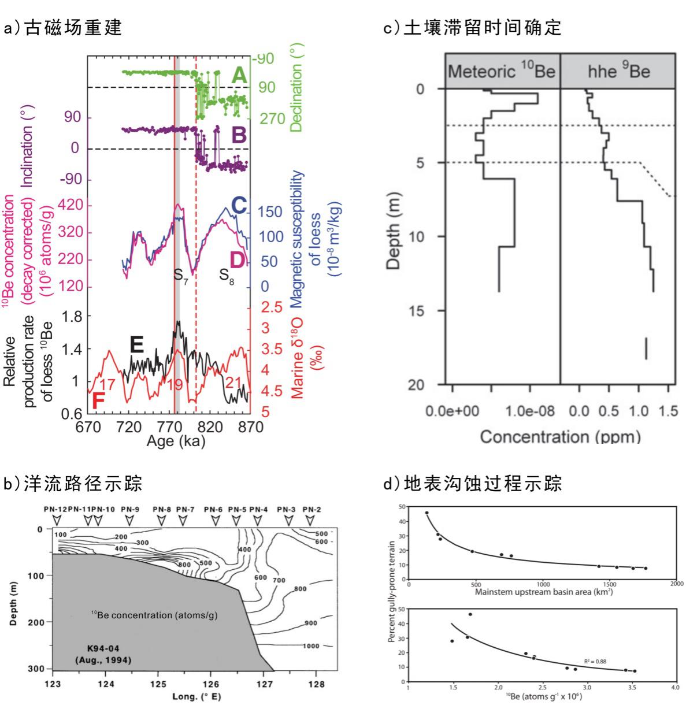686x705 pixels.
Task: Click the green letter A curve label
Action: (239, 75)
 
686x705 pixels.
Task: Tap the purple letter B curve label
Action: (239, 135)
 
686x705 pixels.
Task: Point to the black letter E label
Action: (136, 346)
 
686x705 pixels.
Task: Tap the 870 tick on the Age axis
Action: (251, 428)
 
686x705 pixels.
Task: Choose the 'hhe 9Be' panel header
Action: (619, 72)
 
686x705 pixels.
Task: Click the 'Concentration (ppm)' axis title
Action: (560, 436)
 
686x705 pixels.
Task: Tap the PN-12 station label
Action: (55, 509)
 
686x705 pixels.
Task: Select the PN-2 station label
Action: (312, 509)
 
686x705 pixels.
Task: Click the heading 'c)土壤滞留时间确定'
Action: (473, 28)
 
